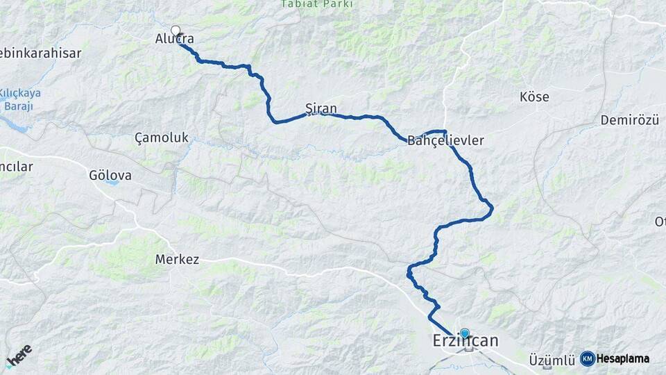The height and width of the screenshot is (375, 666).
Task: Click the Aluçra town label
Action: coord(175,40)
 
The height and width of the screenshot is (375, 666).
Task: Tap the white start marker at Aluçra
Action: coord(176,31)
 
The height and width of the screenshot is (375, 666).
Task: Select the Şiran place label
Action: coord(321,108)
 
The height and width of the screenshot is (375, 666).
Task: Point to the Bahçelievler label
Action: coord(445,140)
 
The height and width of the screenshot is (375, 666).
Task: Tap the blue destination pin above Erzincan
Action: coord(464,333)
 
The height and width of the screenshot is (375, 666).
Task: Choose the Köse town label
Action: coord(534,97)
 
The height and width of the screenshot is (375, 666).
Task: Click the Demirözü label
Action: coord(629,121)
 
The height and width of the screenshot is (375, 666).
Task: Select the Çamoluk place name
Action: coord(162,137)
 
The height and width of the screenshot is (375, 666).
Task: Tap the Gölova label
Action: coord(110,176)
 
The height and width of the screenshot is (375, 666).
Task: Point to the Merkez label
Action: coord(177,260)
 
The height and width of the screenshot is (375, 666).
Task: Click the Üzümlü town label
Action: coord(552,360)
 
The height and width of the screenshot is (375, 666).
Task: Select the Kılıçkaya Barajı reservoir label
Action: coord(20,99)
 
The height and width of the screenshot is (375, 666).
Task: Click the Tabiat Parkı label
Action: coord(317,4)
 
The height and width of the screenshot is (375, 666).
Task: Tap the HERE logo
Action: coord(19,356)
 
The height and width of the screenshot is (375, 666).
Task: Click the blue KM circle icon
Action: coord(588,358)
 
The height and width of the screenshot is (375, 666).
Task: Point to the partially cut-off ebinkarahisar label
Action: coord(40,53)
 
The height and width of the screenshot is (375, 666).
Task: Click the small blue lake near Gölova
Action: coord(113,184)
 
